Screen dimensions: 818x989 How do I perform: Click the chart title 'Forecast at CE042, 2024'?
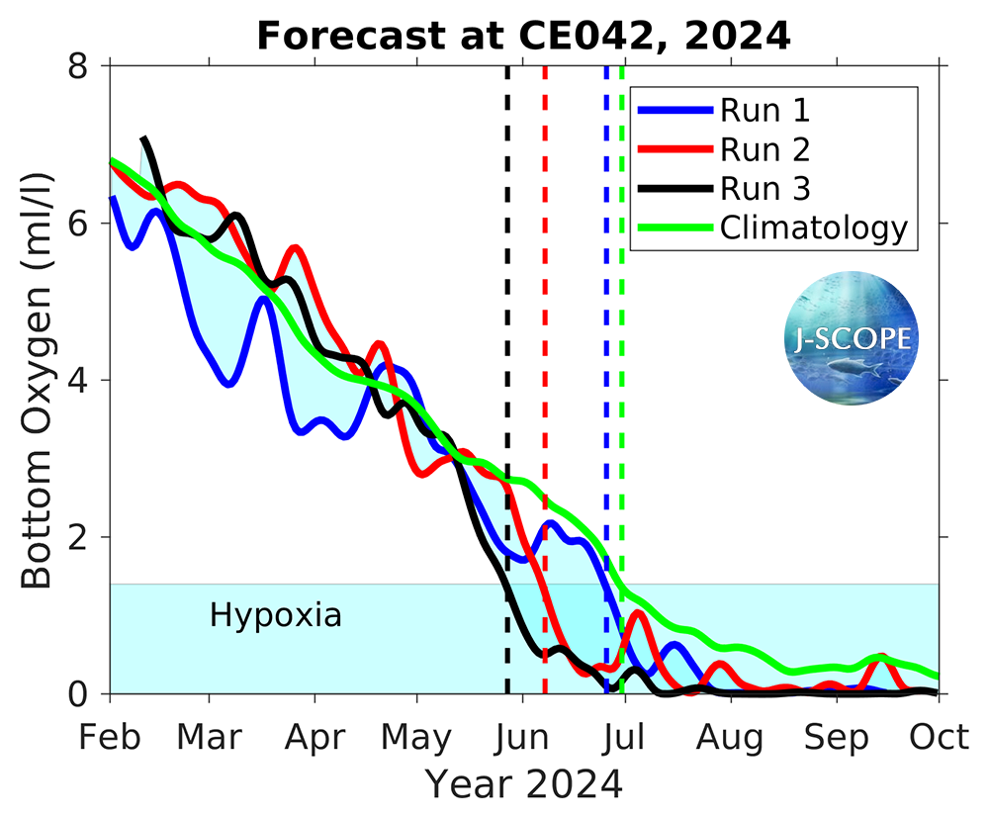point(523,36)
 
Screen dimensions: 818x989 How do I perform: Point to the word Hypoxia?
point(276,616)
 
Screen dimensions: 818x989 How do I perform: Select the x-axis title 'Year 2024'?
point(524,783)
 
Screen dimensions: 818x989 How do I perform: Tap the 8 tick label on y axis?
point(79,65)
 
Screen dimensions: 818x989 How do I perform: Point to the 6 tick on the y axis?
point(79,223)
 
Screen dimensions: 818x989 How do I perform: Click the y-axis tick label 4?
point(79,380)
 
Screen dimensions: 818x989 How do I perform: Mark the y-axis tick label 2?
point(79,537)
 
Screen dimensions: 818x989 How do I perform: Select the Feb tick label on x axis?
point(110,738)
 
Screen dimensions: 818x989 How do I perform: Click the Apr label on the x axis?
point(315,738)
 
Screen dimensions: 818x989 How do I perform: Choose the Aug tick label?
point(730,738)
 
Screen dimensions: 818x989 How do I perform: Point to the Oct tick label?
point(938,738)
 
